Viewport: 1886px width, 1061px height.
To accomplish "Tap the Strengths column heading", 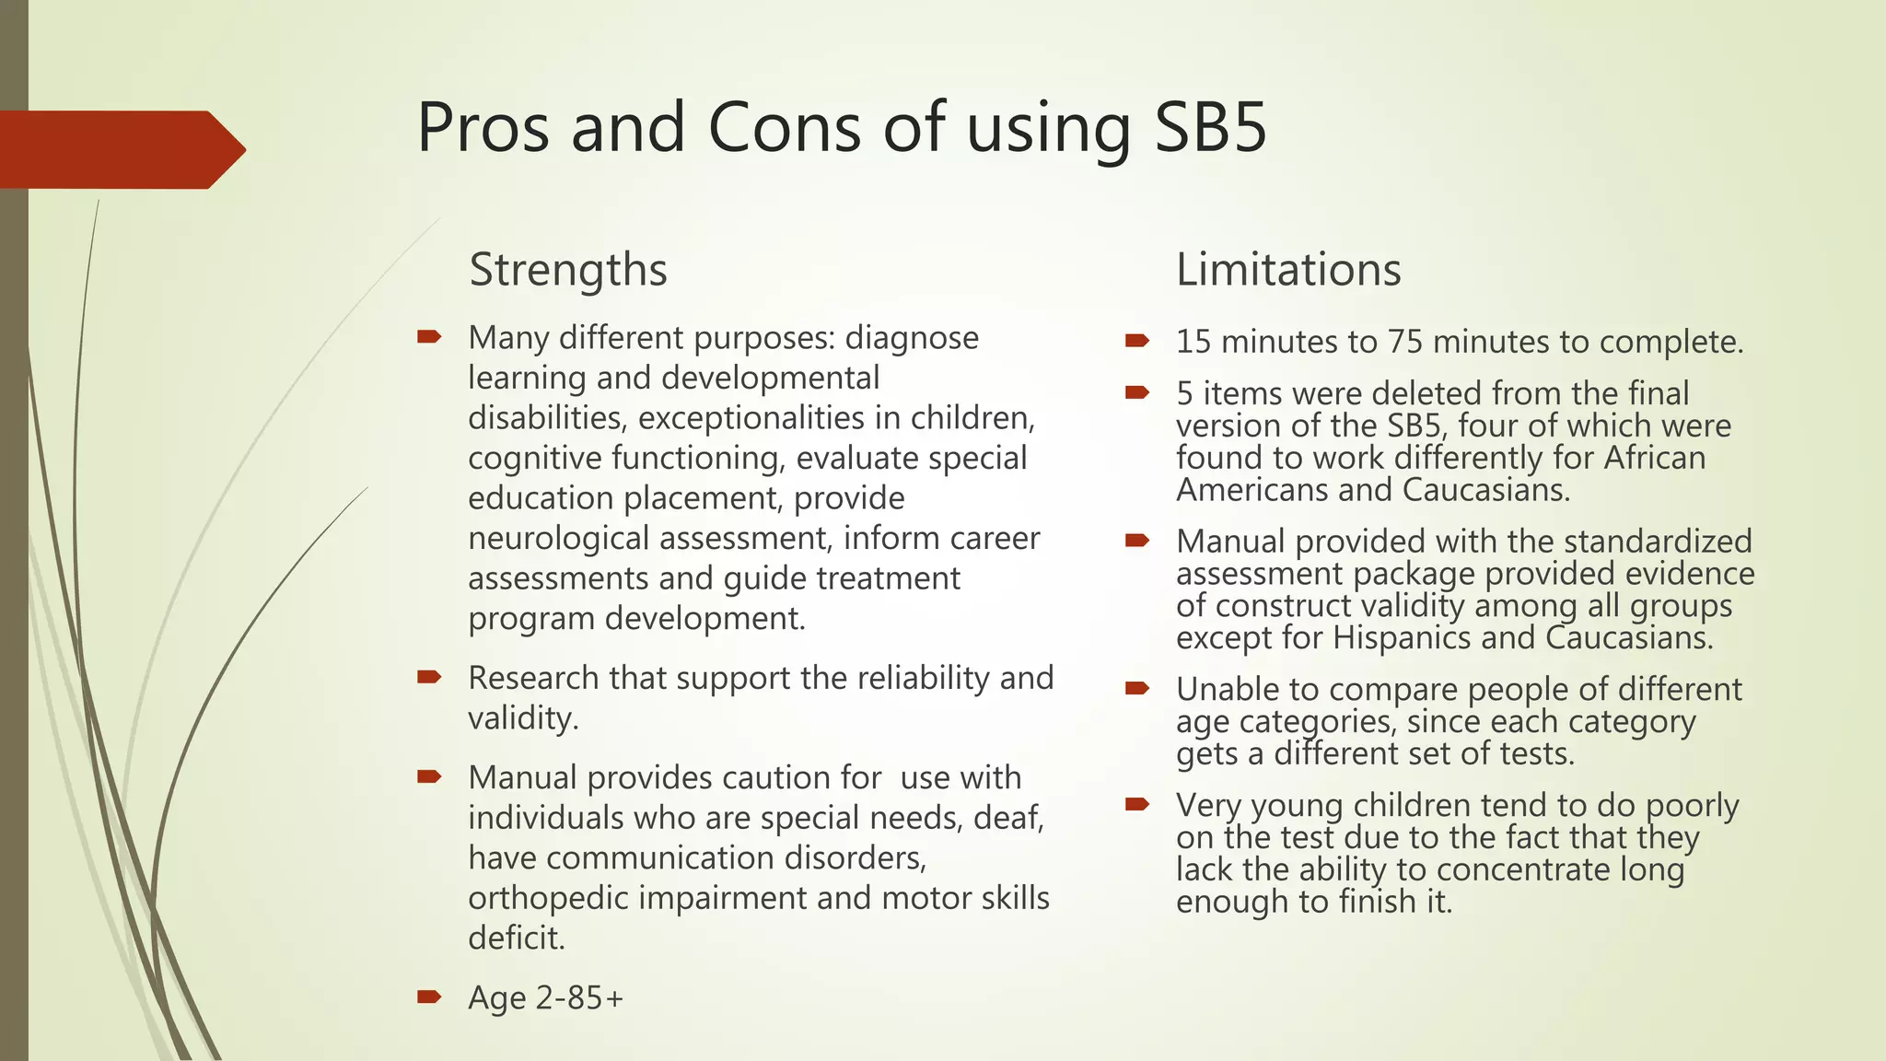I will coord(567,270).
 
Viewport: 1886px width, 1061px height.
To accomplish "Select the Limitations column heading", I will coord(1288,270).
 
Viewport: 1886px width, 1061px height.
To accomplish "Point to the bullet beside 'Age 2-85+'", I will coord(429,996).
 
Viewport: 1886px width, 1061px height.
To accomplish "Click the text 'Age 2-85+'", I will coord(545,997).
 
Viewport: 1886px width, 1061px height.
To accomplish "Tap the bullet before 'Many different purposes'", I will coord(429,336).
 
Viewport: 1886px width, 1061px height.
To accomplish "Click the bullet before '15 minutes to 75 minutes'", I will coord(1137,341).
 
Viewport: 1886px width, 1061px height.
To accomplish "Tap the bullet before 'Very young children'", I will coord(1137,804).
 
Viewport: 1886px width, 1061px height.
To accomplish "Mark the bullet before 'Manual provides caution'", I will coord(429,776).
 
